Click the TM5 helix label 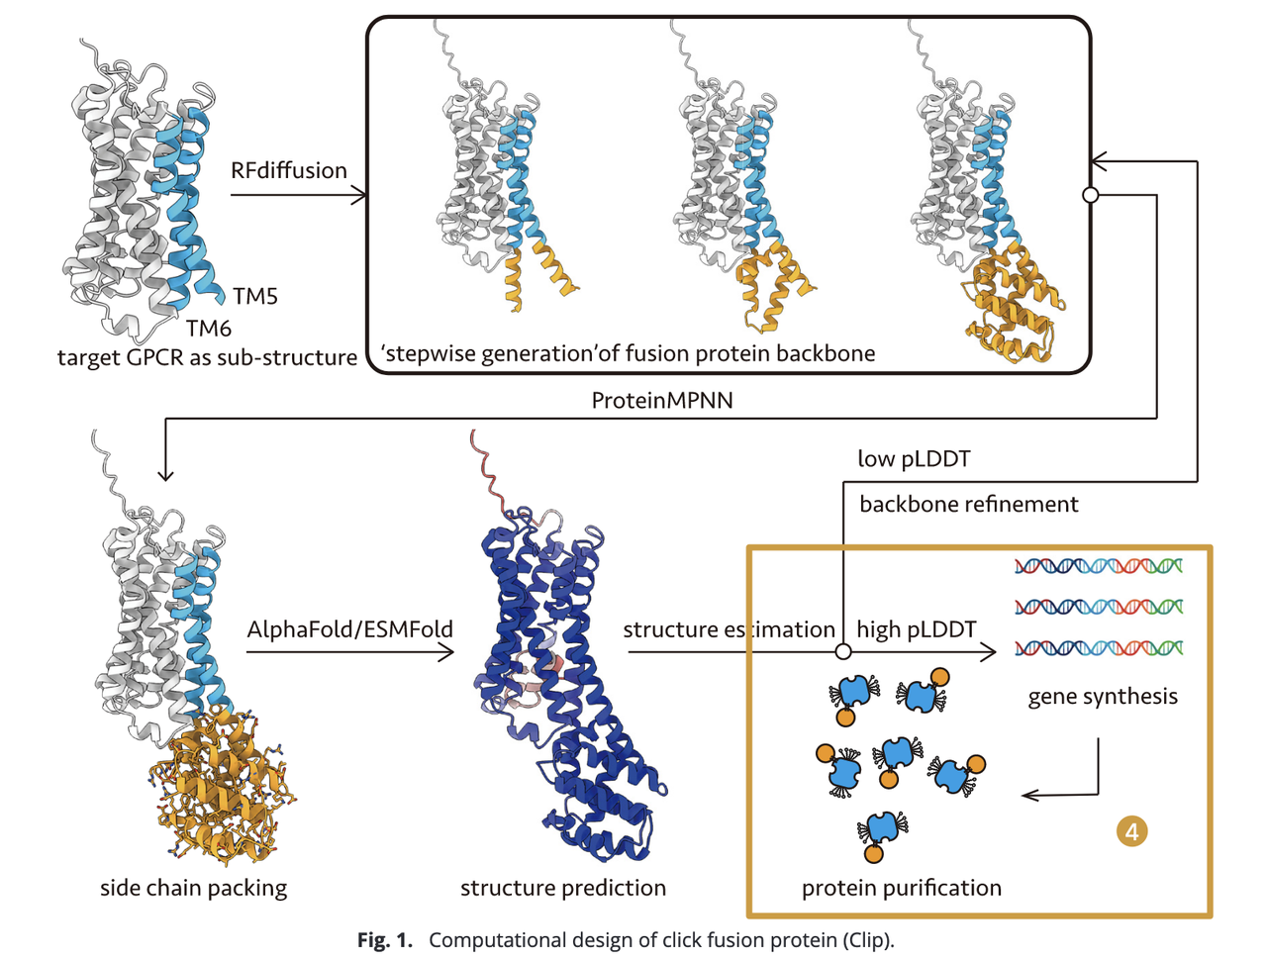tap(255, 296)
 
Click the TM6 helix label tap(209, 328)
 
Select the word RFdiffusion tap(289, 170)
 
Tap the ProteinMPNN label tap(662, 400)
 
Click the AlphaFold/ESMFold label tap(349, 629)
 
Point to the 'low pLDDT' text tap(914, 458)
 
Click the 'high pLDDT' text tap(916, 629)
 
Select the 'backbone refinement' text tap(968, 504)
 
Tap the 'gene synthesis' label tap(1103, 696)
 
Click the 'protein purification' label tap(901, 888)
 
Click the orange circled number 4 tap(1131, 831)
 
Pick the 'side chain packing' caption tap(193, 888)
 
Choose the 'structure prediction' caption tap(562, 888)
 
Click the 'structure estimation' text tap(729, 629)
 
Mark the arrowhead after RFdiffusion tap(359, 195)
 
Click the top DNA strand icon tap(1099, 566)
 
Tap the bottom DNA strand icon tap(1099, 648)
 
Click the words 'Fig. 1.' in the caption tap(384, 940)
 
